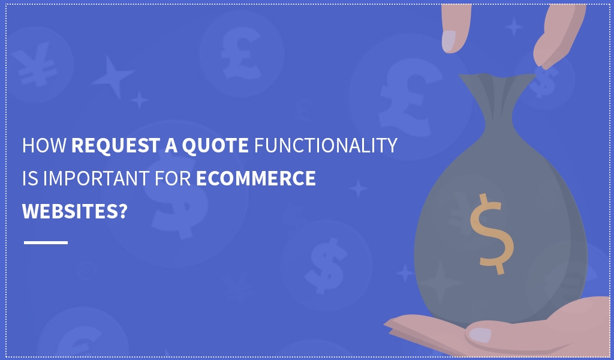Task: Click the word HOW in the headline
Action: [44, 145]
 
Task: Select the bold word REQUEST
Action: [116, 145]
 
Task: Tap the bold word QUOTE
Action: [215, 146]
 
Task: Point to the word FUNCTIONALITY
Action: [326, 145]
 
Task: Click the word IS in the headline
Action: [30, 178]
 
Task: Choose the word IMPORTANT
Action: [97, 178]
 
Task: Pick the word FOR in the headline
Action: [173, 178]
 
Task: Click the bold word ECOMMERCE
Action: [255, 178]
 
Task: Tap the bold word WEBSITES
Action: [70, 211]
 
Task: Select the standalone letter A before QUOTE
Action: [171, 145]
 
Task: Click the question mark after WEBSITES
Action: [122, 211]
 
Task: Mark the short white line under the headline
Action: [46, 242]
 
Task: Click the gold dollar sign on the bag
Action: [492, 234]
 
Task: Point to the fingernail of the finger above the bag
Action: [449, 41]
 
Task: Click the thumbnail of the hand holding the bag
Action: [480, 335]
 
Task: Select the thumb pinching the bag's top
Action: [558, 37]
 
